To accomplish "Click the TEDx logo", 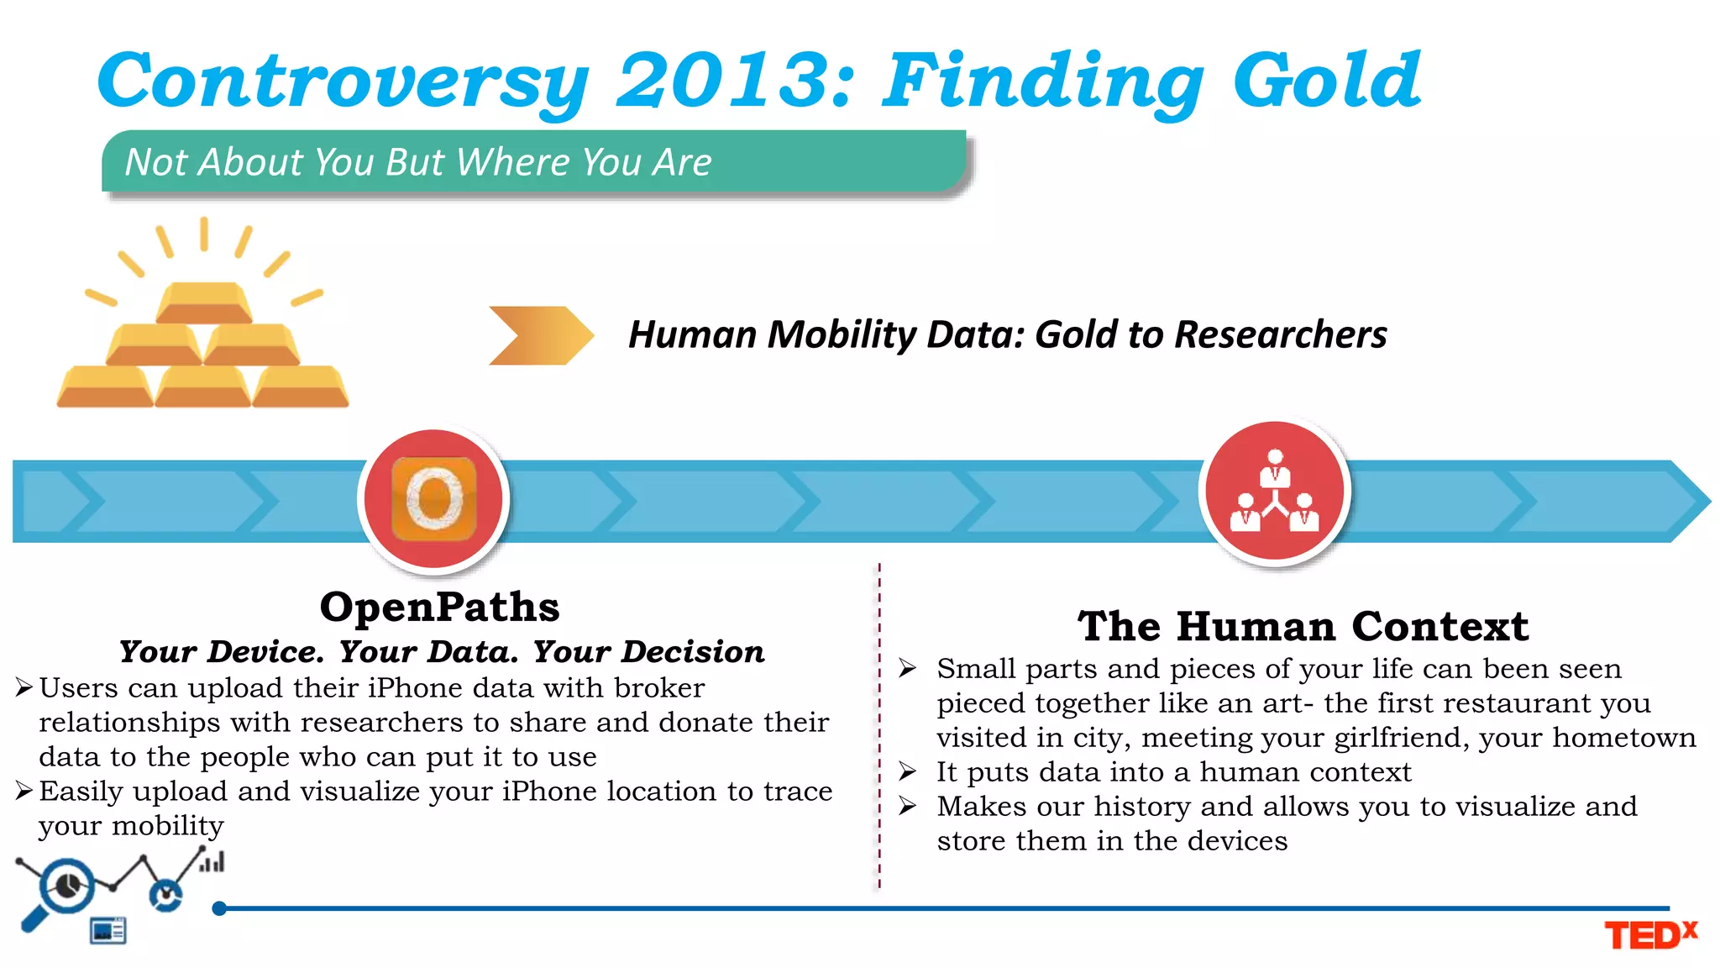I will tap(1649, 934).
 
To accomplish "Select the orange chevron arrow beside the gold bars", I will tap(540, 335).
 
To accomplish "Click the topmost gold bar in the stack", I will tap(204, 303).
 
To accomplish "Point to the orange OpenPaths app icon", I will tap(433, 499).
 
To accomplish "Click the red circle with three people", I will tap(1274, 492).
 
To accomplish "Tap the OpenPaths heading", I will tap(439, 607).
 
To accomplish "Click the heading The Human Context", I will tap(1303, 627).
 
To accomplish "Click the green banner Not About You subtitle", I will tap(417, 161).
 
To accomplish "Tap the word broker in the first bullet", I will tap(659, 688).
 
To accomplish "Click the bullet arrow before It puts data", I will tap(907, 771).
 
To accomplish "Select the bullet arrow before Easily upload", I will tap(24, 791).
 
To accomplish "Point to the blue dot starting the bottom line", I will tap(219, 908).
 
